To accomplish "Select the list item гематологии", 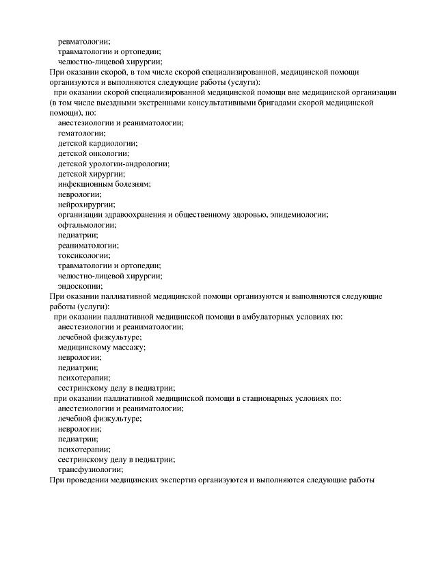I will tap(81, 133).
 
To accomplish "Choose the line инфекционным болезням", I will tap(104, 184).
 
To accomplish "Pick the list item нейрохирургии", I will tap(86, 205).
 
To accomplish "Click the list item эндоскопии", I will tap(80, 286).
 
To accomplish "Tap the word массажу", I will tap(124, 347).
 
